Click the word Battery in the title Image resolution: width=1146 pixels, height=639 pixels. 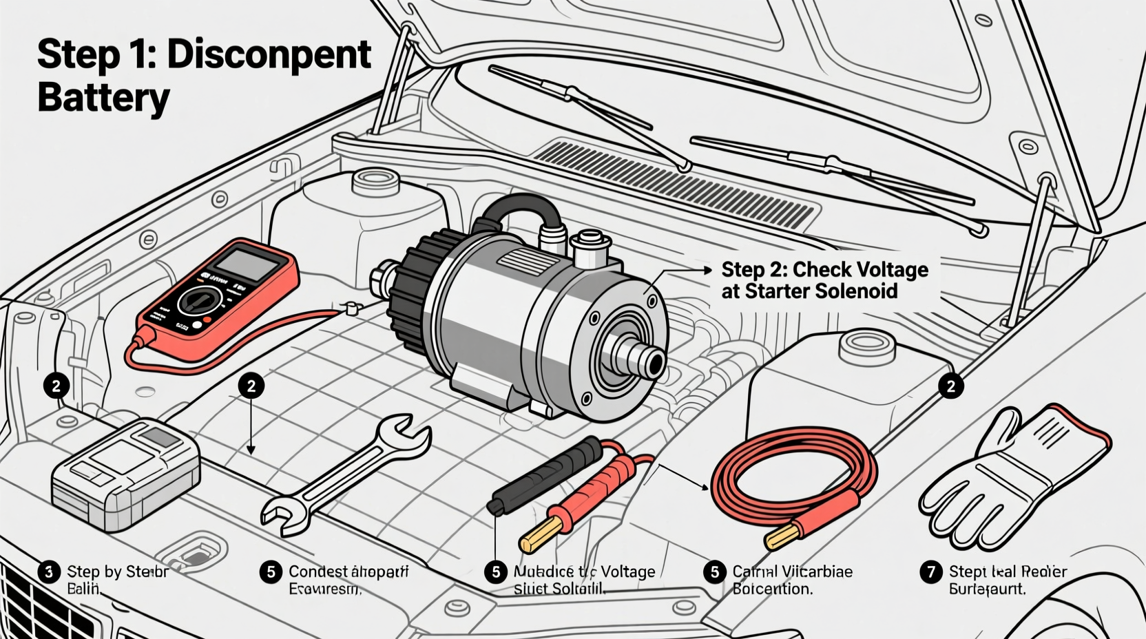click(103, 97)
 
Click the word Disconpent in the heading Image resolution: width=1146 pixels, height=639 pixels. click(269, 54)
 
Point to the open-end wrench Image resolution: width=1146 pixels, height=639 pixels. click(344, 474)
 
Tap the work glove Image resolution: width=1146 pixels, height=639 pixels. click(1012, 475)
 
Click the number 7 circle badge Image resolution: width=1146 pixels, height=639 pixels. click(931, 572)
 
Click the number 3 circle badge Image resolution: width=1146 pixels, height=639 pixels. click(48, 572)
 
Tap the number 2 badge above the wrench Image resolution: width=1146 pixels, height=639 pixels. click(251, 386)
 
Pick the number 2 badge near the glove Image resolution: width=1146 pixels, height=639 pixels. click(951, 386)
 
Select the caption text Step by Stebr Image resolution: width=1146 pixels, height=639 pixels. click(118, 572)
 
